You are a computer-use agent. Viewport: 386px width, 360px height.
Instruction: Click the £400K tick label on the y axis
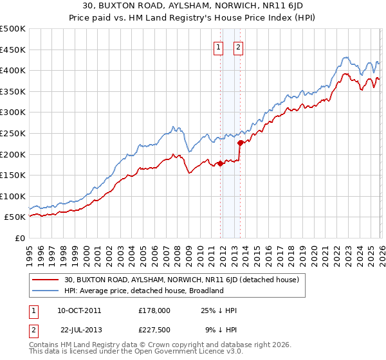pyautogui.click(x=13, y=70)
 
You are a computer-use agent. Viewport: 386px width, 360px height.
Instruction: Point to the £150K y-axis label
pyautogui.click(x=13, y=175)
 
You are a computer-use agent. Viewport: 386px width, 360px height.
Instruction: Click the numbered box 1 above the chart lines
pyautogui.click(x=218, y=46)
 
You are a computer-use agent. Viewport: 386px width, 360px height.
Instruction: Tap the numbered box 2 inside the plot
pyautogui.click(x=238, y=46)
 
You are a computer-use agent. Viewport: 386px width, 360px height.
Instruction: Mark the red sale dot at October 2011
pyautogui.click(x=220, y=163)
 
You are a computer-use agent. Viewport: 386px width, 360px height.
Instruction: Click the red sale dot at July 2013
pyautogui.click(x=240, y=143)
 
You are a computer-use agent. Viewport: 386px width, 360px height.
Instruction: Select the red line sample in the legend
pyautogui.click(x=46, y=280)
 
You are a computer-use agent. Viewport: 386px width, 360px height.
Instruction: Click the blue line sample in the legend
pyautogui.click(x=46, y=291)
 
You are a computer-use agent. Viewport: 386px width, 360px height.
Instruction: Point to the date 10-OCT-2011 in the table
pyautogui.click(x=79, y=310)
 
